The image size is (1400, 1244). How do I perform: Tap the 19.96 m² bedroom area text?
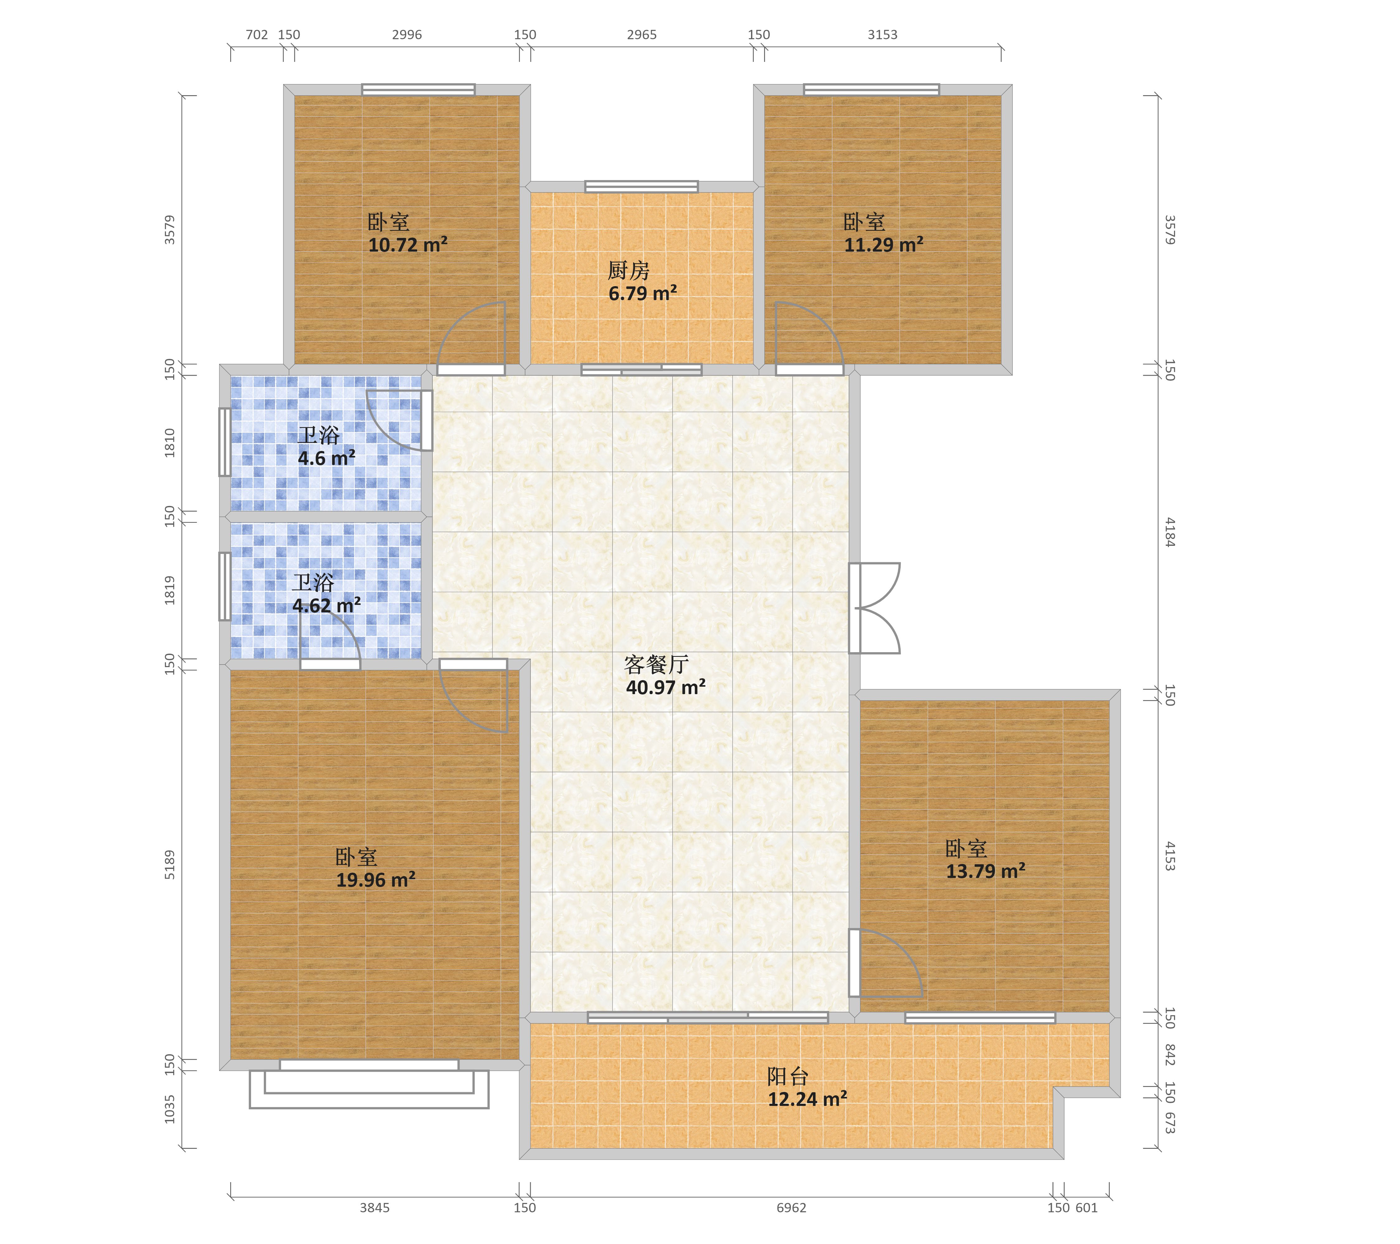[x=375, y=880]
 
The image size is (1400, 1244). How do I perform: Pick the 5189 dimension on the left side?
[x=170, y=865]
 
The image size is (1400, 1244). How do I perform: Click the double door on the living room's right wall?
[x=874, y=608]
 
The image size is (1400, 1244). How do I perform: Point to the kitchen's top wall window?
[x=641, y=186]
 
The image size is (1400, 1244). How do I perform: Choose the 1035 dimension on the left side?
[x=170, y=1109]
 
